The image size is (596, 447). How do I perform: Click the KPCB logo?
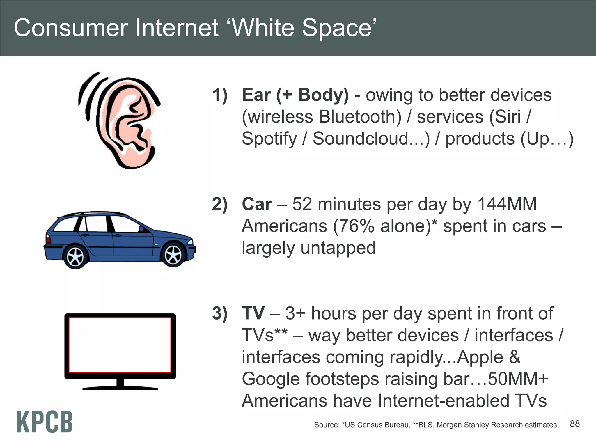45,422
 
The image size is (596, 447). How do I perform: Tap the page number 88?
574,424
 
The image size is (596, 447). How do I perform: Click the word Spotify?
269,139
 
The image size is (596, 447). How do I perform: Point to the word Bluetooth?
360,117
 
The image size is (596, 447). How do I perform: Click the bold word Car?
257,204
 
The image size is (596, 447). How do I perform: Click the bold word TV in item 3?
253,313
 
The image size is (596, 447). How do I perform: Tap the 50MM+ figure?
518,379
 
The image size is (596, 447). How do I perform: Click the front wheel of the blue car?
173,255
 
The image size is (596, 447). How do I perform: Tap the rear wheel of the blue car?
75,257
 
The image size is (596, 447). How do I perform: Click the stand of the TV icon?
120,384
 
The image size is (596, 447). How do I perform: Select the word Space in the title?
337,28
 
